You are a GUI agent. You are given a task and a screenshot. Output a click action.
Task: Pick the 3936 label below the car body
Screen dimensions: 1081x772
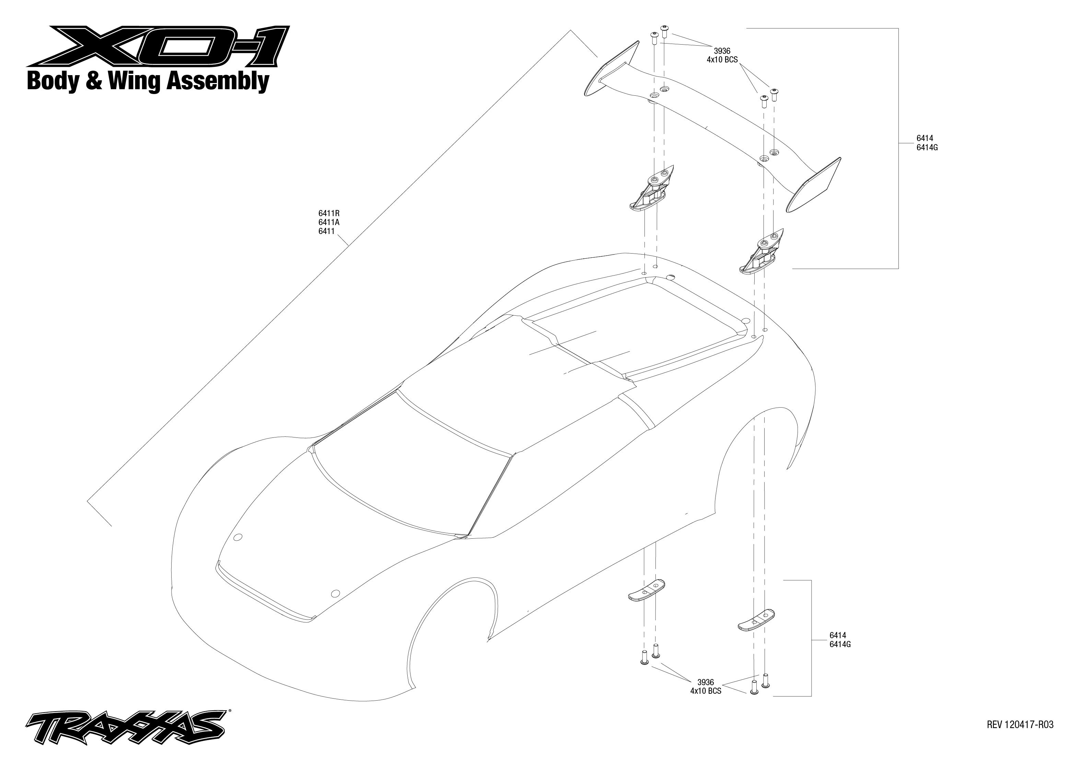coord(706,682)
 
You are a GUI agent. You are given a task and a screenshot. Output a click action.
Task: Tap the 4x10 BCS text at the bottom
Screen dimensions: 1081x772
coord(706,691)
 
